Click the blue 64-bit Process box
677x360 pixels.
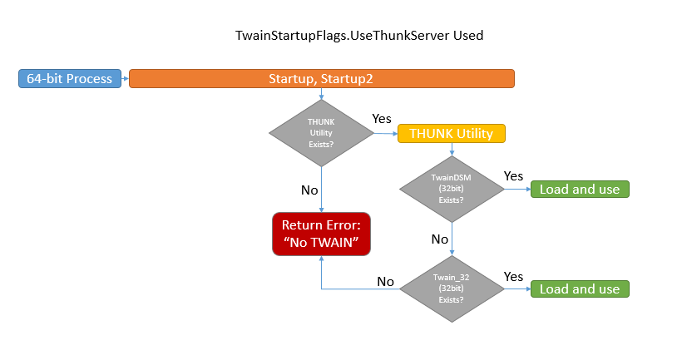(70, 79)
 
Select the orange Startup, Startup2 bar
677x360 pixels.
(322, 79)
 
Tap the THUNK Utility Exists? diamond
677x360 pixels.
(321, 133)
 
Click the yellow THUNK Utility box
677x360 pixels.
(451, 133)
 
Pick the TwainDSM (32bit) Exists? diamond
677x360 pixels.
(451, 189)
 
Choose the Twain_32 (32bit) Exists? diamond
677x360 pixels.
(451, 288)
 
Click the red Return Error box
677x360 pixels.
(321, 234)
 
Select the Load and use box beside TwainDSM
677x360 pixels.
(580, 189)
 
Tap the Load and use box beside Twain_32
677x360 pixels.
(580, 288)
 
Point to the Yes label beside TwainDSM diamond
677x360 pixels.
(513, 175)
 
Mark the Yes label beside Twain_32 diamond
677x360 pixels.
(513, 275)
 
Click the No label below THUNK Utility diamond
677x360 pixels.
(309, 190)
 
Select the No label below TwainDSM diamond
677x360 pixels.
(439, 239)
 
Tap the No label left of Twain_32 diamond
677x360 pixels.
(385, 281)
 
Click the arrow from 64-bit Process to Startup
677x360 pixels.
(126, 79)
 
